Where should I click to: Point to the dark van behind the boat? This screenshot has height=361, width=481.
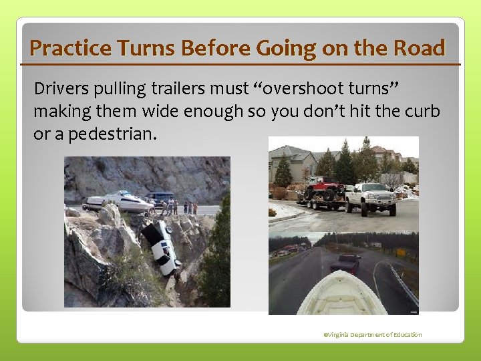pos(158,198)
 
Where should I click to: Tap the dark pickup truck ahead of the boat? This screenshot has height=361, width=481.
pos(345,263)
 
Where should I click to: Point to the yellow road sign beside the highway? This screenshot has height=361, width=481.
pos(401,252)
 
